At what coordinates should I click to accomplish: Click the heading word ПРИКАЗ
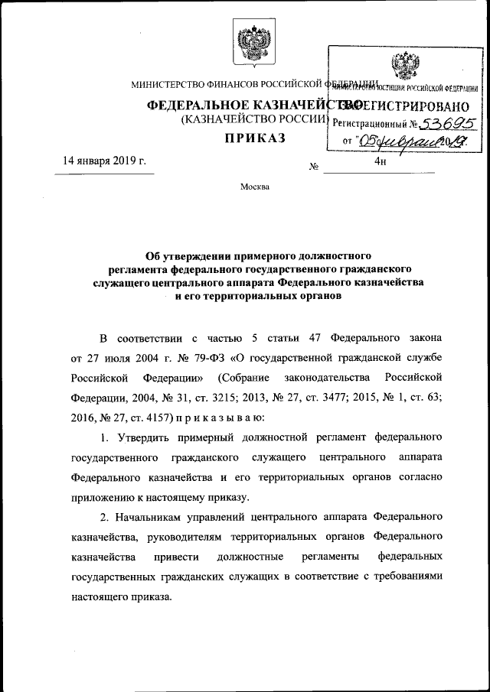pos(253,138)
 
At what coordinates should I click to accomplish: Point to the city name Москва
pos(254,187)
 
